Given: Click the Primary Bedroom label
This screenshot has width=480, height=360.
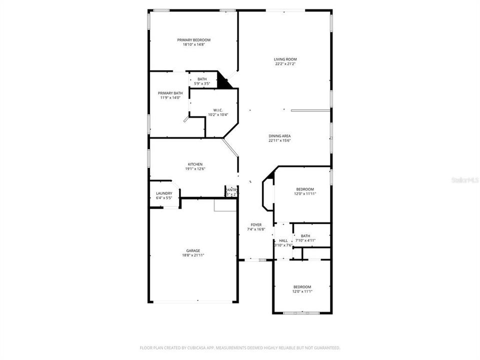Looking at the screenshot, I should tap(193, 40).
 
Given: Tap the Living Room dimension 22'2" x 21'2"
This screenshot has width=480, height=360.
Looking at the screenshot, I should tap(285, 64).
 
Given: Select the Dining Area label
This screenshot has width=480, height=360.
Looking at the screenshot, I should tap(279, 136).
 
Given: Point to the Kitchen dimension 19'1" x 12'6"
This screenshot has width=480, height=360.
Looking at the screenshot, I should tap(195, 169).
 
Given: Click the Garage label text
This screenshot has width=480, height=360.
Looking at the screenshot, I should tap(193, 250).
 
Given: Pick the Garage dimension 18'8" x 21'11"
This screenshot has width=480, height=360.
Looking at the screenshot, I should tap(193, 255).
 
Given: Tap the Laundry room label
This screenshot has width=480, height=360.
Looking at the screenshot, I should tap(164, 193).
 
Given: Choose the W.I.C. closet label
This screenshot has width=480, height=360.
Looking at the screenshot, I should tap(218, 110).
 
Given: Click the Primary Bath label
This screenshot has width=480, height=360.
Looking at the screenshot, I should tap(170, 93).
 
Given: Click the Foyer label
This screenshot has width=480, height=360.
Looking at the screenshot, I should tap(256, 225).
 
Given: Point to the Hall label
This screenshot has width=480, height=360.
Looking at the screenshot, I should tap(283, 240).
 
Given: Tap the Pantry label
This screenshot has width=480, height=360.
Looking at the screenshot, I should tap(231, 190).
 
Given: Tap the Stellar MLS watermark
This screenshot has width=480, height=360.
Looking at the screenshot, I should tap(465, 179).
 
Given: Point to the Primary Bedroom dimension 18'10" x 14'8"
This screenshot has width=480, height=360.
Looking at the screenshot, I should tap(193, 44).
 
